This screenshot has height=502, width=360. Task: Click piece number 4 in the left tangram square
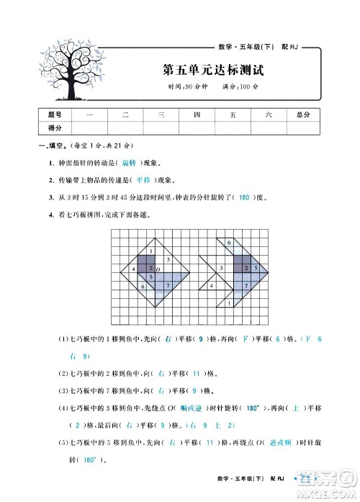point(134,269)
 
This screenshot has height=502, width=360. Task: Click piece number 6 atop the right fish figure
point(228,243)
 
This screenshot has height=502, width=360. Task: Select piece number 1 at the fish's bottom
point(228,303)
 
